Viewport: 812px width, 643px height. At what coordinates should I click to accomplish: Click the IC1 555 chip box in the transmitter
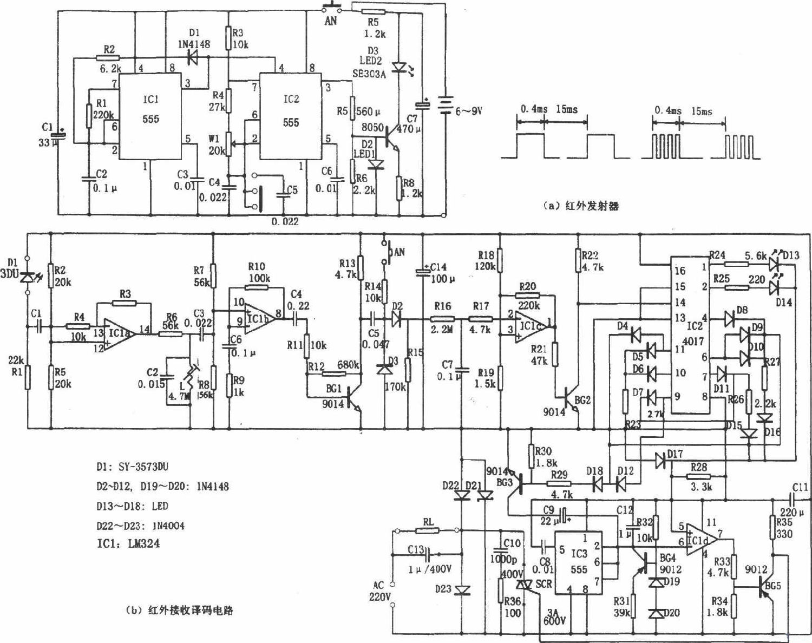(x=150, y=116)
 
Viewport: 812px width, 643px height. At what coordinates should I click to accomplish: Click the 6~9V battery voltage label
(x=468, y=111)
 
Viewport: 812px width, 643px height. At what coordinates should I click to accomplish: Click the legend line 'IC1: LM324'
(x=128, y=543)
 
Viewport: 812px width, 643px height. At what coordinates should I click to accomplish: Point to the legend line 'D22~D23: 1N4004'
(x=140, y=525)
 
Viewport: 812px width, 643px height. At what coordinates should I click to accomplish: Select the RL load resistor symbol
(x=428, y=530)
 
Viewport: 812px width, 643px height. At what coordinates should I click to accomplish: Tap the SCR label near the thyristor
(x=543, y=583)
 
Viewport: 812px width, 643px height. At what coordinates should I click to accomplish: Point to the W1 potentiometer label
(x=214, y=140)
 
